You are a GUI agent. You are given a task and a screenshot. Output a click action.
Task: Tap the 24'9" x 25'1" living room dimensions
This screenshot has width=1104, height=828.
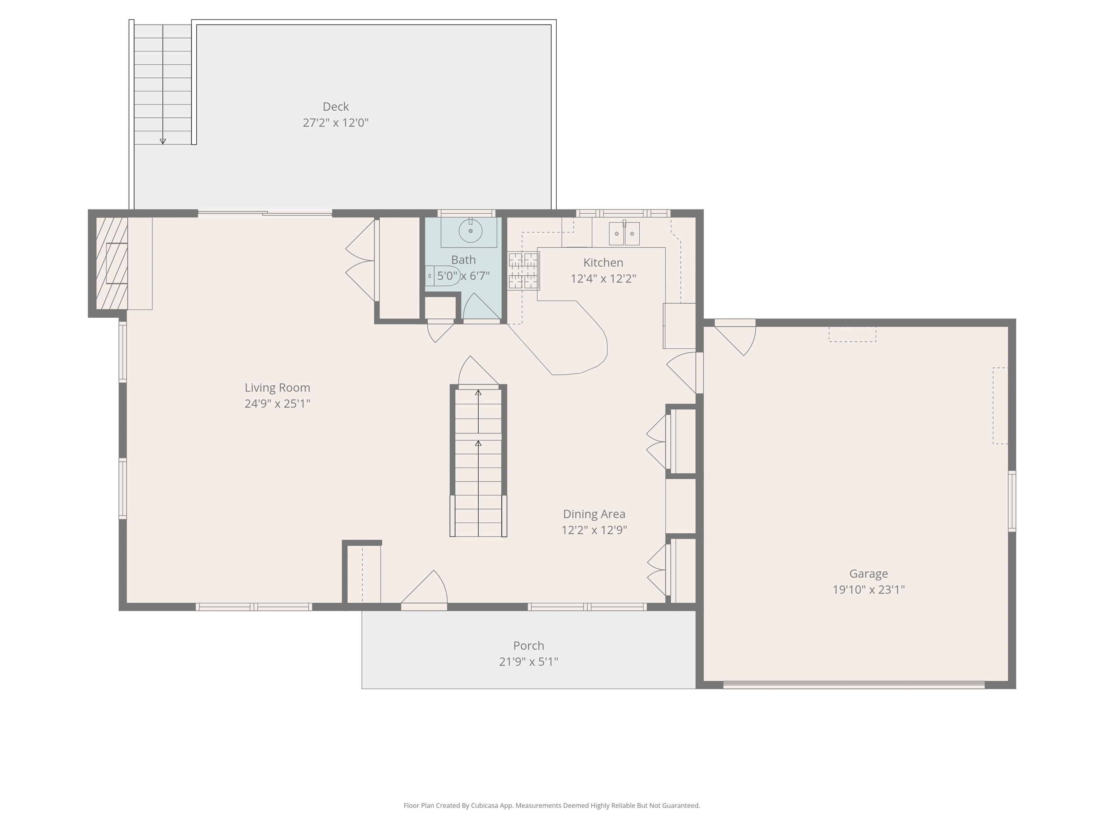point(277,403)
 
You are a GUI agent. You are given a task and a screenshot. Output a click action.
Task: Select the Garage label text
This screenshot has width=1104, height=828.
point(868,574)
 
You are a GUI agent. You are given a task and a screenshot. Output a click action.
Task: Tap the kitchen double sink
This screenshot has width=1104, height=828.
point(624,234)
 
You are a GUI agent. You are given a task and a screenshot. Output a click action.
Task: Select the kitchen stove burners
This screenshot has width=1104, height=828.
point(523,271)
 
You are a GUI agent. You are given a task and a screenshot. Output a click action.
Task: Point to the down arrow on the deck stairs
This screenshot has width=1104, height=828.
point(163,141)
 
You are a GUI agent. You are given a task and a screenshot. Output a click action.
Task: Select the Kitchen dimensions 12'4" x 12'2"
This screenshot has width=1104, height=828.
point(603,279)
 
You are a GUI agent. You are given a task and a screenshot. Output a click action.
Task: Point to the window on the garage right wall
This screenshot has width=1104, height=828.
point(1012,501)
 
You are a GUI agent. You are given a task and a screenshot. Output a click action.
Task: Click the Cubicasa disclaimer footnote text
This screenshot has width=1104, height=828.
point(552,805)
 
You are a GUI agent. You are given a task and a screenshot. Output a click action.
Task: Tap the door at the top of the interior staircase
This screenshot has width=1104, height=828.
point(477,372)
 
